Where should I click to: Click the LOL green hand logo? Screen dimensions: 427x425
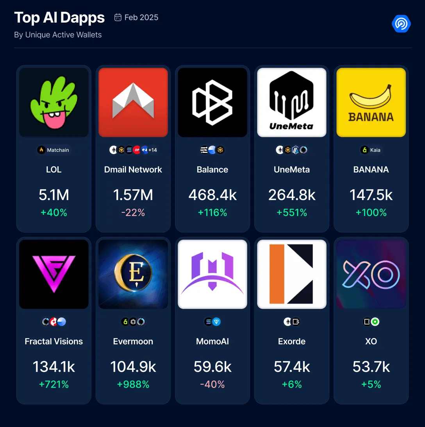point(54,103)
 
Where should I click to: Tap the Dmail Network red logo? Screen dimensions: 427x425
point(133,103)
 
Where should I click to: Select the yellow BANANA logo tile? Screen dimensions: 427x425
point(371,103)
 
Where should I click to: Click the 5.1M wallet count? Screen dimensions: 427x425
point(54,195)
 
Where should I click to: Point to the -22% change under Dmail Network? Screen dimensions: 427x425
point(133,213)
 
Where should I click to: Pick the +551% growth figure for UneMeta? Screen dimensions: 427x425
point(292,213)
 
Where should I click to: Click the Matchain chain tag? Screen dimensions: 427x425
point(54,150)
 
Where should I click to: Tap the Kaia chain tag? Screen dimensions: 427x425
point(371,150)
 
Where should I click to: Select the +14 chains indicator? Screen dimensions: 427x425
point(153,150)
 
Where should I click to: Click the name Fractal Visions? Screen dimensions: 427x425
point(54,341)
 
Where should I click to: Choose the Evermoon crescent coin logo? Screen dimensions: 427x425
point(133,274)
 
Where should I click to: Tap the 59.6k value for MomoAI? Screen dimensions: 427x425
point(212,367)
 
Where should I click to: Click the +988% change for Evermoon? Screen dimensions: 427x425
point(133,384)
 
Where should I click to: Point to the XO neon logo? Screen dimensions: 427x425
point(371,274)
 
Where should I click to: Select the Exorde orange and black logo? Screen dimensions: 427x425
point(292,274)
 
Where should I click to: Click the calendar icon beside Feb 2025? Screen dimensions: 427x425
point(118,18)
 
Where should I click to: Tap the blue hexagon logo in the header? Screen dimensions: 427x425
point(401,24)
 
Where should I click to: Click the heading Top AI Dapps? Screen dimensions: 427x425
point(59,18)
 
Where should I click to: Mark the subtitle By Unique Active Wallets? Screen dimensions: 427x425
point(58,35)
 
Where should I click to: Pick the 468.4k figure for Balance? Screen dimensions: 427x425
point(212,195)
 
